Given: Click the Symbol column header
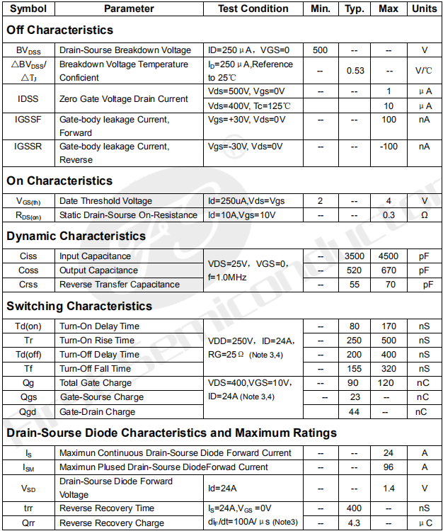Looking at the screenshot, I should [28, 8].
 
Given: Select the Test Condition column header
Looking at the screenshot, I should [253, 8].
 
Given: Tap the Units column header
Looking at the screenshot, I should [424, 8].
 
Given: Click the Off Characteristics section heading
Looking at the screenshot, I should [59, 30].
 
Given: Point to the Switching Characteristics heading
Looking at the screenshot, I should [79, 306].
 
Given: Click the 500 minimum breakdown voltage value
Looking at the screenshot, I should [320, 50].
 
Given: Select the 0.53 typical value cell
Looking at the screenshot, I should [355, 71].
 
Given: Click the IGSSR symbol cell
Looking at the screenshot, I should [28, 147].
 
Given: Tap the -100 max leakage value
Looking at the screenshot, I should [389, 147].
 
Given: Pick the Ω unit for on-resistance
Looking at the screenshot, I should [424, 215].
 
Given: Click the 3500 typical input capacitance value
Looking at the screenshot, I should [355, 256].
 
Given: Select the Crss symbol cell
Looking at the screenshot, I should [28, 285].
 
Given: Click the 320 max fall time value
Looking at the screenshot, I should [389, 369].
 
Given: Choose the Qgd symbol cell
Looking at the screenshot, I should [28, 411].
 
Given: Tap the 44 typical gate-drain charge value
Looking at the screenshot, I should [355, 411].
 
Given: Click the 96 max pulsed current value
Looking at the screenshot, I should [389, 467].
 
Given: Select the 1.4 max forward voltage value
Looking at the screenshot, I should [389, 488].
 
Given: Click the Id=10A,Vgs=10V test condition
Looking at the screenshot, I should [241, 215].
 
